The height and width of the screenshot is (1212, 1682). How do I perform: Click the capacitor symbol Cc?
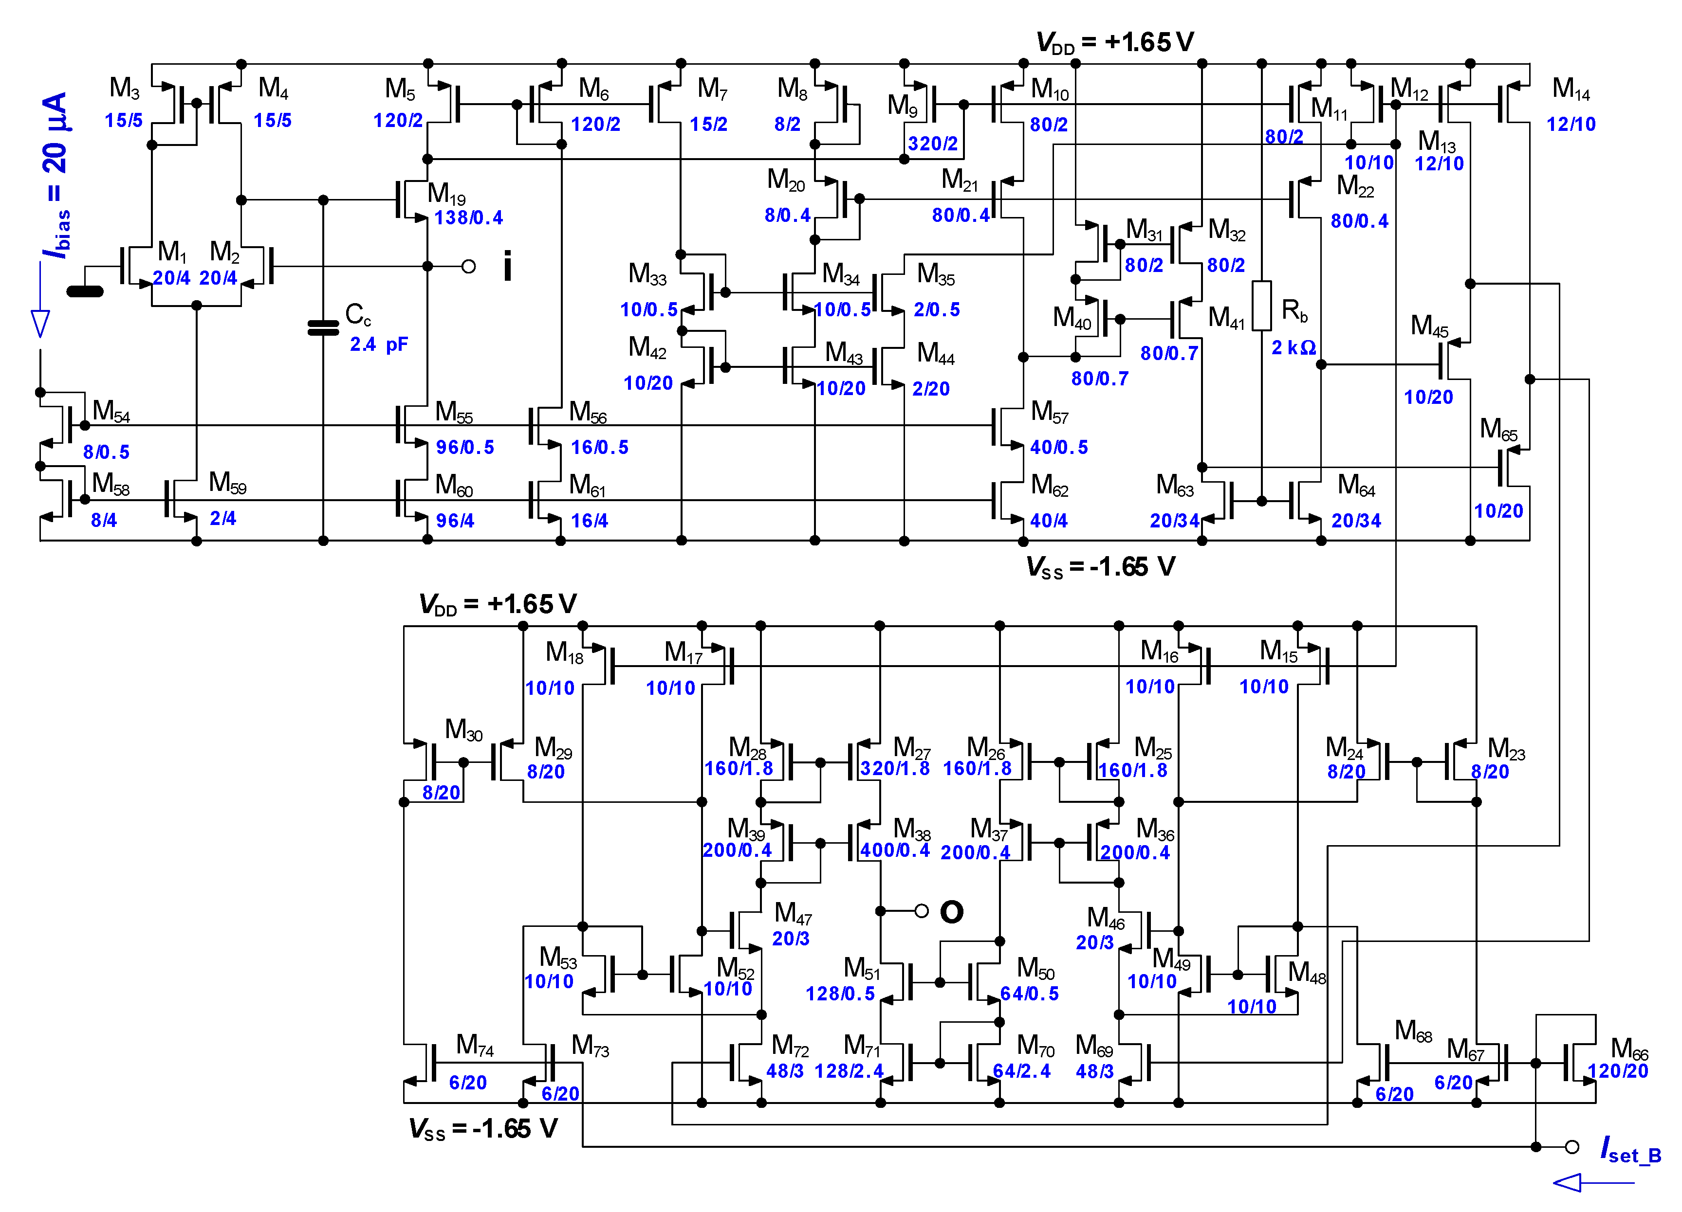tap(323, 327)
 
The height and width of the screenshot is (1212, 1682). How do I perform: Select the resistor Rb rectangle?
tap(1261, 306)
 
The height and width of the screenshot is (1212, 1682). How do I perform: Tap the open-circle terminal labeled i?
tap(469, 266)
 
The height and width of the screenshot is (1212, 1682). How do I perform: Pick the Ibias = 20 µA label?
tap(56, 175)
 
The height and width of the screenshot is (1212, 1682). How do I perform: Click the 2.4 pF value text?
tap(378, 344)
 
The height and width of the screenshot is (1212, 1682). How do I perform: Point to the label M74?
tap(475, 1045)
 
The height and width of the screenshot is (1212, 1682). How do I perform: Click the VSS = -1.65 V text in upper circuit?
tap(1101, 567)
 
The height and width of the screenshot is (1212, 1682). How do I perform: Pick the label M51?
tap(861, 967)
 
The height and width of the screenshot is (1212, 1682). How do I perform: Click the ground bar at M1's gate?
tap(85, 291)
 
